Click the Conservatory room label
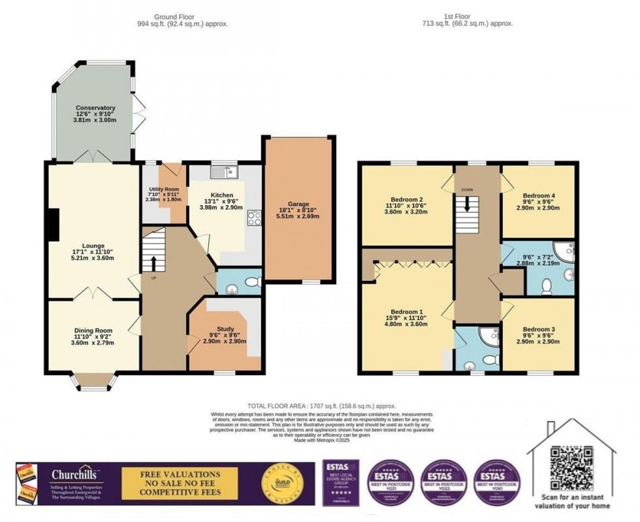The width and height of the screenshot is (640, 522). [95, 108]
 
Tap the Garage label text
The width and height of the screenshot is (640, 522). [300, 204]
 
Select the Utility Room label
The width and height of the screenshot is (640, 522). [163, 188]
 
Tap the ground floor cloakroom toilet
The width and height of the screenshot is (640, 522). [252, 282]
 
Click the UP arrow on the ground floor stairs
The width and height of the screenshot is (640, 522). [154, 262]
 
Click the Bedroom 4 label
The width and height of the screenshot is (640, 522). [539, 195]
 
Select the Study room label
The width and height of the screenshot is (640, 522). [225, 329]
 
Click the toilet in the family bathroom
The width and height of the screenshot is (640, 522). [547, 285]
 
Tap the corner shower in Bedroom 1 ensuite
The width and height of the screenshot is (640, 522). [487, 336]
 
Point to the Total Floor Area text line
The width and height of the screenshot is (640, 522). [321, 406]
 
